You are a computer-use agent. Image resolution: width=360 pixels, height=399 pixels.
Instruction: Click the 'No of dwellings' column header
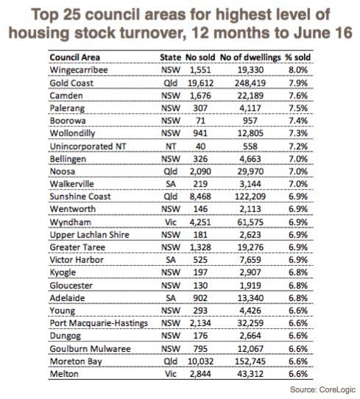coord(250,57)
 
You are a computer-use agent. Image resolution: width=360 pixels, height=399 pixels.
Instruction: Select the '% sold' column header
coord(297,57)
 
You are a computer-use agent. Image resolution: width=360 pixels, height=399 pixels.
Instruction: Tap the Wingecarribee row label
coord(79,70)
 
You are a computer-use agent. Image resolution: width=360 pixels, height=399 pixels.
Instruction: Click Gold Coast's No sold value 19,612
coord(200,83)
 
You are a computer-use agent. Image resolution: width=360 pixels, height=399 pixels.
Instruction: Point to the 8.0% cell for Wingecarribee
coord(298,70)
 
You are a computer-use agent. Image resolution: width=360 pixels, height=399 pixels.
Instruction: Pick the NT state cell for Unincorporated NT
coord(171,146)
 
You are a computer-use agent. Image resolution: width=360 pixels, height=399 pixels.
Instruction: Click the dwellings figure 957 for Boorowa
coord(250,121)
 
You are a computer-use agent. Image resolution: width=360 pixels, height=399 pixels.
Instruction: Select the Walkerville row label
coord(71,184)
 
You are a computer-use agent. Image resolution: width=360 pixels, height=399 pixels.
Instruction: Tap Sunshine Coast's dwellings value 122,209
coord(250,197)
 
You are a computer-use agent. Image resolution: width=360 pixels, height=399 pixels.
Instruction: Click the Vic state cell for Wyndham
coord(171,222)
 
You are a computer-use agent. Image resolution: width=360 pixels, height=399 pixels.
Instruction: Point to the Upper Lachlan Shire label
coord(90,235)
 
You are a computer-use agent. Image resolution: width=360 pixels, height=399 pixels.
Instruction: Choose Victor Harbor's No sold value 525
coord(200,260)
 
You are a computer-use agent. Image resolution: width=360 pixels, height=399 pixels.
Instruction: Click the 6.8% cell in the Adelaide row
coord(298,298)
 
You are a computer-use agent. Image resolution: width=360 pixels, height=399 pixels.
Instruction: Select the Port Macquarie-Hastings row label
coord(99,323)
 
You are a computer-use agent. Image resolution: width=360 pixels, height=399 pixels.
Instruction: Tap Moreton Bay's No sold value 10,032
coord(200,361)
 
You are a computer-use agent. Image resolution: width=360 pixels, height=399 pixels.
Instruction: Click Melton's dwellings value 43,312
coord(250,374)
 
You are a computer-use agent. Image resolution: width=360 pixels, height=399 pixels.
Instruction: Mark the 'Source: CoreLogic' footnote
coord(322,390)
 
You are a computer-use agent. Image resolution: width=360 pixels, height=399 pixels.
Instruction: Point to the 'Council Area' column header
coord(75,57)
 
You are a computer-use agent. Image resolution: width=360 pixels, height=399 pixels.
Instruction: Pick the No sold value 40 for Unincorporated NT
coord(200,146)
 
